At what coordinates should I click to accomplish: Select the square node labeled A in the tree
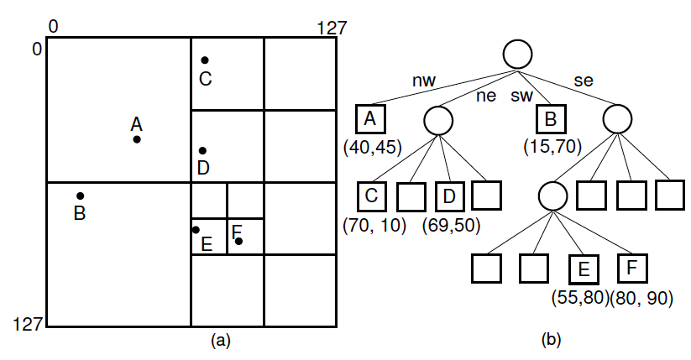pyautogui.click(x=369, y=119)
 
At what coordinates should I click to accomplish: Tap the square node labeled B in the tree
pyautogui.click(x=550, y=119)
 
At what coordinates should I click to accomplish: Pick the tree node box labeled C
pyautogui.click(x=370, y=196)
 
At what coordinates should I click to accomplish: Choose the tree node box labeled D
pyautogui.click(x=450, y=196)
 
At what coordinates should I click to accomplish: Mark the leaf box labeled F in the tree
pyautogui.click(x=632, y=269)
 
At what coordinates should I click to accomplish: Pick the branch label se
pyautogui.click(x=583, y=81)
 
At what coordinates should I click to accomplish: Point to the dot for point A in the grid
pyautogui.click(x=137, y=139)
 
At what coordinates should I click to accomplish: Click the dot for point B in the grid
pyautogui.click(x=81, y=196)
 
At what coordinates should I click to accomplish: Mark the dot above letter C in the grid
pyautogui.click(x=204, y=60)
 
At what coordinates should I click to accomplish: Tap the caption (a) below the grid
pyautogui.click(x=221, y=340)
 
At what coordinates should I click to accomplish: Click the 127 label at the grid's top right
pyautogui.click(x=332, y=28)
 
